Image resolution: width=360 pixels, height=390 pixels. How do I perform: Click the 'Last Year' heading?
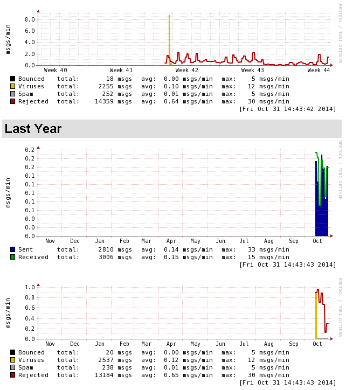click(x=33, y=129)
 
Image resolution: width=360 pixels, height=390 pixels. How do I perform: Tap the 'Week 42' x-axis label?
click(x=187, y=71)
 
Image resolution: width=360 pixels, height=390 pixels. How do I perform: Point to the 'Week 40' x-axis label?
click(x=56, y=71)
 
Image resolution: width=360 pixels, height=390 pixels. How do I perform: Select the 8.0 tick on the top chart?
click(x=30, y=19)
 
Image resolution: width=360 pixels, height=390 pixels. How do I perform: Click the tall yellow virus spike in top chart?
click(x=169, y=38)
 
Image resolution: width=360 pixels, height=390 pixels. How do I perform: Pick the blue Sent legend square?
click(x=12, y=250)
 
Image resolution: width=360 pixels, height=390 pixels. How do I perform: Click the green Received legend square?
click(x=12, y=257)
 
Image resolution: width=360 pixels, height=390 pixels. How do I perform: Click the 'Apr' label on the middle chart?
click(x=171, y=241)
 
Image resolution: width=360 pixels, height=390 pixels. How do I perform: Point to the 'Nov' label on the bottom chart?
click(x=50, y=344)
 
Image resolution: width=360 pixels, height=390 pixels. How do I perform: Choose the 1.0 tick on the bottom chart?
click(x=30, y=287)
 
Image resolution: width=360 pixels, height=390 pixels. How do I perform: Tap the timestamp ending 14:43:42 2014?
click(x=288, y=109)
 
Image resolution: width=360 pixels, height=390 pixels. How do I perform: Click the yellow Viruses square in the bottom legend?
click(x=12, y=360)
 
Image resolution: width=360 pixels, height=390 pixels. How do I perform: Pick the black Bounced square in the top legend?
click(x=12, y=79)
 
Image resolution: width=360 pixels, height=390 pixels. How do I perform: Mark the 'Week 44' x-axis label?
click(x=319, y=71)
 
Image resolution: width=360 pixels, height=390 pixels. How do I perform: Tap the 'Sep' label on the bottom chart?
click(x=293, y=344)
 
